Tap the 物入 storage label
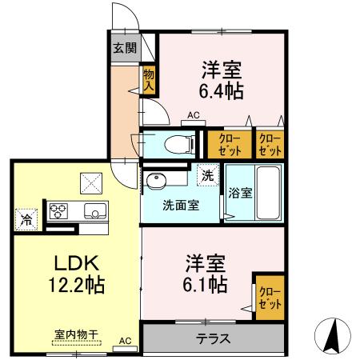(x=149, y=81)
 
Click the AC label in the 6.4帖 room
(x=193, y=115)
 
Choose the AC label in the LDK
(x=124, y=340)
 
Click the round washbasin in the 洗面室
(x=155, y=180)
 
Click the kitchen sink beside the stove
(x=94, y=212)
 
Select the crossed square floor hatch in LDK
(x=90, y=182)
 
